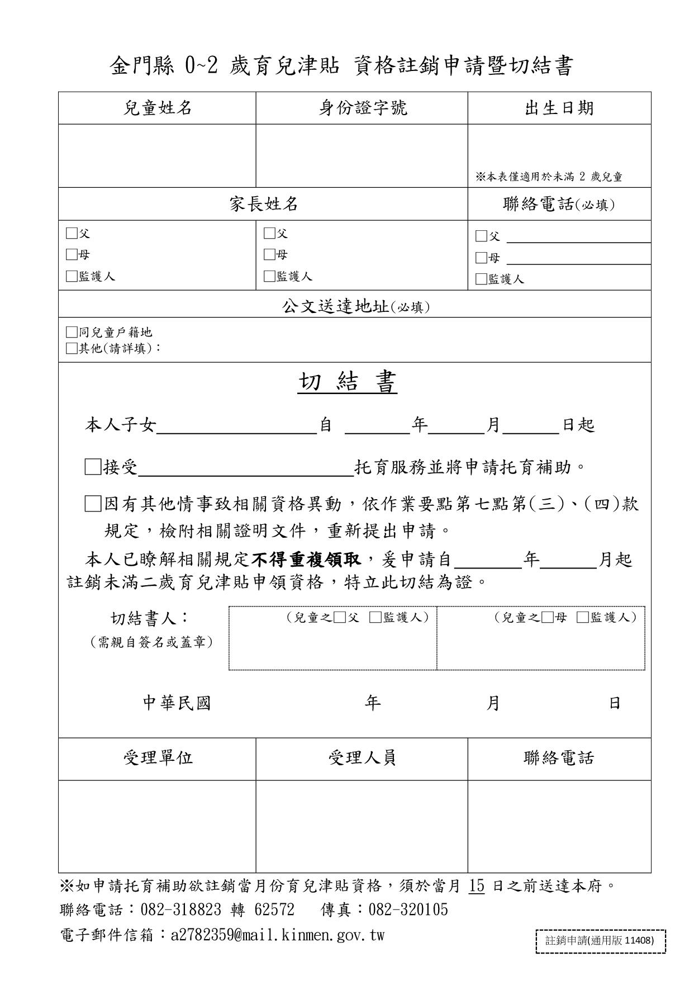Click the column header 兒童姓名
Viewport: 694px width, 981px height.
[157, 108]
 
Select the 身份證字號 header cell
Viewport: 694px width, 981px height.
[362, 108]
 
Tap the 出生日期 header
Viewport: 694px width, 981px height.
[559, 108]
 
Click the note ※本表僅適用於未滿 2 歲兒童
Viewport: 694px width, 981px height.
[549, 177]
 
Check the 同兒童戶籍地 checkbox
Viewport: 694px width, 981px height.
[72, 333]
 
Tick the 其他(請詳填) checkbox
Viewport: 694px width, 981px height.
[72, 348]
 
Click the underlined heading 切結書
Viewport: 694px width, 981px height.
[347, 382]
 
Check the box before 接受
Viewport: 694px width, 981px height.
[93, 467]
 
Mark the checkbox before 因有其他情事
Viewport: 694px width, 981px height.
[93, 504]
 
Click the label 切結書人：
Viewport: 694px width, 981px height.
[150, 618]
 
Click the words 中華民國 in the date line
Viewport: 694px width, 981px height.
[177, 703]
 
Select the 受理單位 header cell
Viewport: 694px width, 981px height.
[157, 758]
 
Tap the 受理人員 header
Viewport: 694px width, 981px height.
[362, 758]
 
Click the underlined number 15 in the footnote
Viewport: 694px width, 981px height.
[477, 886]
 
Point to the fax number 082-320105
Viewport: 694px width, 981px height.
[408, 910]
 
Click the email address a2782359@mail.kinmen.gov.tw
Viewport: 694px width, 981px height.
[278, 935]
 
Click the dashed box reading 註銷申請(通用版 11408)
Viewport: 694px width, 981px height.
[601, 940]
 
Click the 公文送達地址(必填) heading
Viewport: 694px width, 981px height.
[355, 306]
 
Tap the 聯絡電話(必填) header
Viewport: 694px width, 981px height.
[559, 205]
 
